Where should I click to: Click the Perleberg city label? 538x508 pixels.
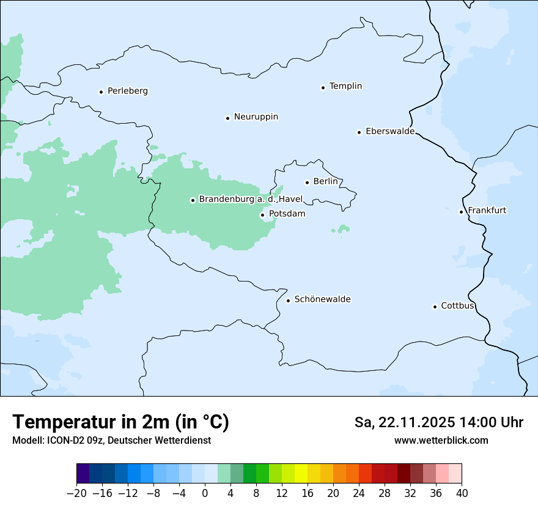pyautogui.click(x=127, y=91)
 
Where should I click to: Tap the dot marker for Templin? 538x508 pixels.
pyautogui.click(x=323, y=88)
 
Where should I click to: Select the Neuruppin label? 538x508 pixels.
pyautogui.click(x=256, y=117)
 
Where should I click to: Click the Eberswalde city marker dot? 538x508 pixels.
pyautogui.click(x=359, y=132)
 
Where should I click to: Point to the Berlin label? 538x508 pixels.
pyautogui.click(x=325, y=182)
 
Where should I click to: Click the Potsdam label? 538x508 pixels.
pyautogui.click(x=287, y=214)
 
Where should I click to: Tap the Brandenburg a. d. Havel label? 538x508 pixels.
pyautogui.click(x=251, y=200)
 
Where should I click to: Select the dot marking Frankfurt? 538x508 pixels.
pyautogui.click(x=461, y=212)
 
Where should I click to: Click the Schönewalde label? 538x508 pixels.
pyautogui.click(x=322, y=299)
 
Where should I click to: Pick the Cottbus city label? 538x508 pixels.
pyautogui.click(x=457, y=305)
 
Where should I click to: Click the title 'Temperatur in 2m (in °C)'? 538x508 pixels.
pyautogui.click(x=120, y=422)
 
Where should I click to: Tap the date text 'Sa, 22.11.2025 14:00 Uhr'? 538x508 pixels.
pyautogui.click(x=438, y=423)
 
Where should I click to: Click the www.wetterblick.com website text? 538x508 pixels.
pyautogui.click(x=441, y=440)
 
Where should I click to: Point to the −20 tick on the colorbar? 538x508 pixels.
pyautogui.click(x=77, y=493)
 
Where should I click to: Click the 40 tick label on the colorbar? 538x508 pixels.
pyautogui.click(x=462, y=493)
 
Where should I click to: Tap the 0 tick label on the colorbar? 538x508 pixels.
pyautogui.click(x=205, y=493)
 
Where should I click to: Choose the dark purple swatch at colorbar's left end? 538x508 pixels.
pyautogui.click(x=83, y=474)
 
